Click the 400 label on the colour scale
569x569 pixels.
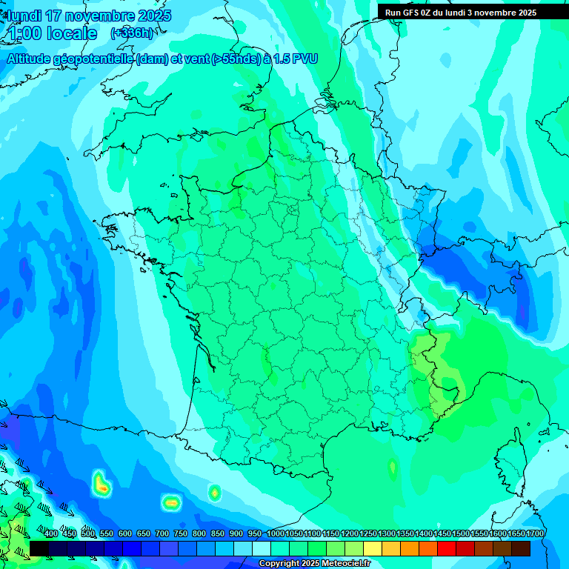(51, 533)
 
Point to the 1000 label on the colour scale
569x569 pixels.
(276, 533)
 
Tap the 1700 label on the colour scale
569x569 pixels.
(535, 533)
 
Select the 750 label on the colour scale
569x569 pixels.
(180, 533)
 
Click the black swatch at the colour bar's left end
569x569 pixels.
(39, 548)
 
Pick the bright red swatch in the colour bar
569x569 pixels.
(447, 548)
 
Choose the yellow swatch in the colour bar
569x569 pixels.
(373, 548)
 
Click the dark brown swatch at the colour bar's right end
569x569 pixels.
(521, 548)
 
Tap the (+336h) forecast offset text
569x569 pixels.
(131, 33)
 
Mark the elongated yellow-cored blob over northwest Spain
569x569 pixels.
(102, 485)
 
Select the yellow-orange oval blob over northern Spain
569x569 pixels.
(172, 502)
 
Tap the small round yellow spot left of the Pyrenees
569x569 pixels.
(215, 491)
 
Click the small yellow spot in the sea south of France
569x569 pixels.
(392, 467)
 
